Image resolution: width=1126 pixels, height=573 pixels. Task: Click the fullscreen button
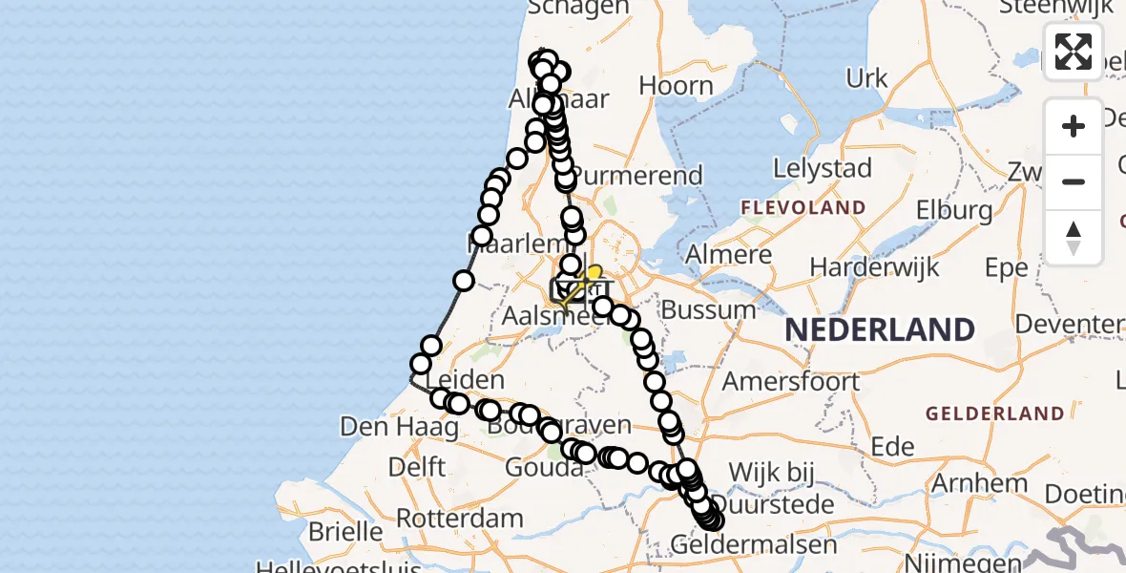(x=1074, y=51)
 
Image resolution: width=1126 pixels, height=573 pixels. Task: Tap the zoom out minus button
(x=1074, y=181)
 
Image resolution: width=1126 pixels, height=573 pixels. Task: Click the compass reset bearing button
(x=1074, y=238)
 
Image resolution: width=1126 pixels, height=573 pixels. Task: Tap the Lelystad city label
(x=823, y=169)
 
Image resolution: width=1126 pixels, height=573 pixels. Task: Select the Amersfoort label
(x=791, y=381)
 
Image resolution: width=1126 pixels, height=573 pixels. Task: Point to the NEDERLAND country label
(x=879, y=330)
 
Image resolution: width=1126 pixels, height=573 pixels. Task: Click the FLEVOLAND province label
(x=804, y=207)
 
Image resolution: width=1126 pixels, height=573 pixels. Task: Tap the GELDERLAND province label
(x=993, y=414)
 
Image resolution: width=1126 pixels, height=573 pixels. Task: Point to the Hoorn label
(x=676, y=85)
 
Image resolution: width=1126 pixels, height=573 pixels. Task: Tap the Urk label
(x=866, y=78)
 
